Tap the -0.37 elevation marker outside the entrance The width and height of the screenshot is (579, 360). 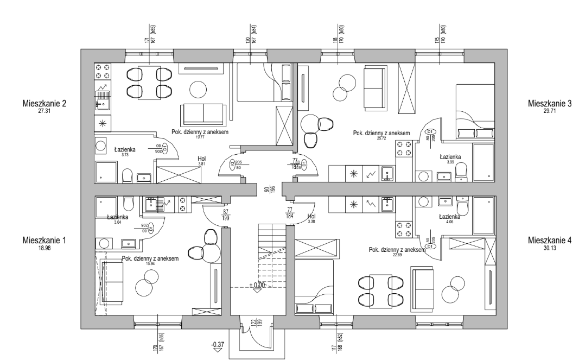(218, 345)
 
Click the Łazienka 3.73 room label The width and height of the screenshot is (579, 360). (125, 150)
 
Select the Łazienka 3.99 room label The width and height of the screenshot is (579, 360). (450, 158)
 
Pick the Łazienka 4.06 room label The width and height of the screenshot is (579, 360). (450, 218)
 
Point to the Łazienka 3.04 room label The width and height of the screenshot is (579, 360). (117, 218)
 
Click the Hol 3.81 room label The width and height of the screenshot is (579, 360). (201, 161)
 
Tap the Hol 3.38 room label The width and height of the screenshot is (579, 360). (311, 218)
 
